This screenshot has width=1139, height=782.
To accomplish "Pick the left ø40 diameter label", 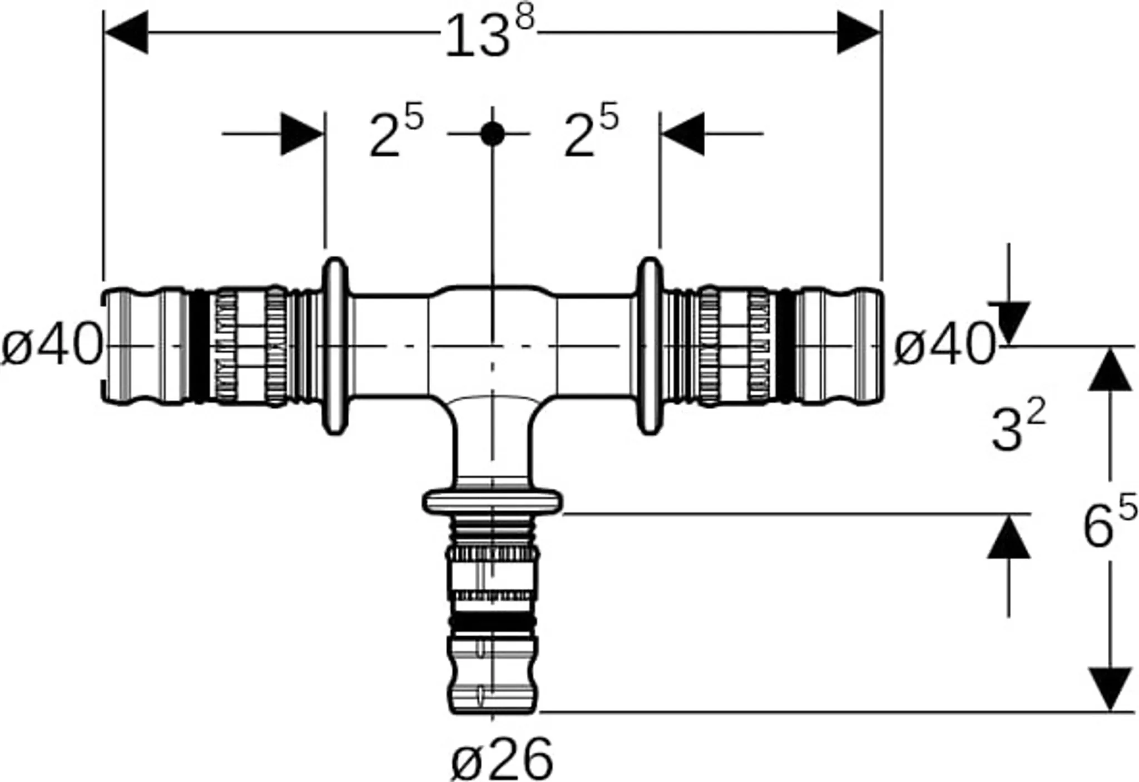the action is [52, 346].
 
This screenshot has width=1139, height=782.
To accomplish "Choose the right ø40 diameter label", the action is [944, 346].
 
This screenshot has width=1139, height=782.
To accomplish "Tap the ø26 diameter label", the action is [502, 759].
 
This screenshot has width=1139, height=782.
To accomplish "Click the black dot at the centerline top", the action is [492, 134].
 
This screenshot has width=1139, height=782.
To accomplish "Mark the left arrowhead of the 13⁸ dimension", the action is [126, 33].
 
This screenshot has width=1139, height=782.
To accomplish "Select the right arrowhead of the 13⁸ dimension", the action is [859, 33].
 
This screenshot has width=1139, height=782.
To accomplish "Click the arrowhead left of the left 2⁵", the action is [303, 134].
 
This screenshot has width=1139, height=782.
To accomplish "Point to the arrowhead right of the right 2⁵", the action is [682, 134].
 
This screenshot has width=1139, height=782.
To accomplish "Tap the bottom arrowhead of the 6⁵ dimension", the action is [1110, 690].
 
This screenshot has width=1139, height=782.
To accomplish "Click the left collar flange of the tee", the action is [335, 346].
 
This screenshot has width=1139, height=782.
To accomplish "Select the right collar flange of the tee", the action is [650, 346].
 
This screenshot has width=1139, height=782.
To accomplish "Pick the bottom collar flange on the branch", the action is [492, 501].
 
